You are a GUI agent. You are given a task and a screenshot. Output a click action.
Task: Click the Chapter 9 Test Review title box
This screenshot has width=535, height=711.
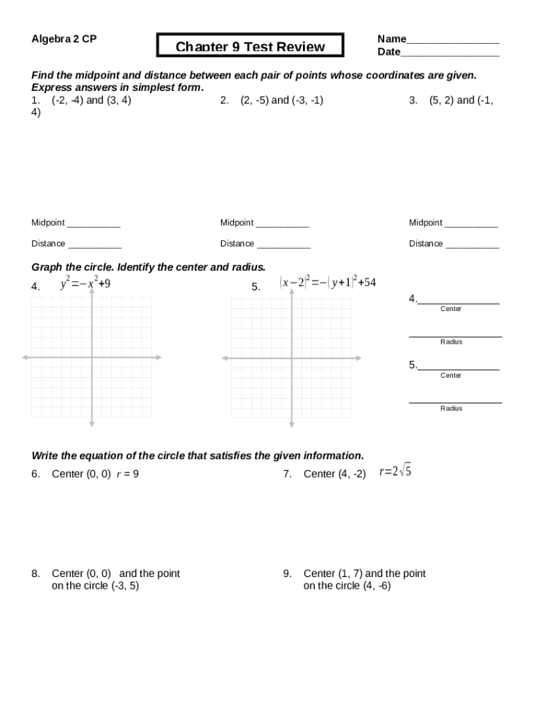click(x=250, y=46)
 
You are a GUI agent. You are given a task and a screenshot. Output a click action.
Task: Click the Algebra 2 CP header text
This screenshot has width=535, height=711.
click(x=64, y=39)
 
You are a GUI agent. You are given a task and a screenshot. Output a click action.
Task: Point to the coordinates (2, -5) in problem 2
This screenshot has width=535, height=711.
click(x=254, y=100)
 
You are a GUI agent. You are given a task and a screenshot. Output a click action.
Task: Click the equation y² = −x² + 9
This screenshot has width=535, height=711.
click(x=85, y=283)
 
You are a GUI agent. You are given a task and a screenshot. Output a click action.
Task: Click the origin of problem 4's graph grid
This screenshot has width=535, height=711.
click(x=92, y=358)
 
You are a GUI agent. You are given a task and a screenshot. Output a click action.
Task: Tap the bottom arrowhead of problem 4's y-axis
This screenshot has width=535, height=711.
click(x=92, y=424)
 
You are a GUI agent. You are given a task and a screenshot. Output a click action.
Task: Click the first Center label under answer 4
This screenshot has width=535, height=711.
click(x=451, y=309)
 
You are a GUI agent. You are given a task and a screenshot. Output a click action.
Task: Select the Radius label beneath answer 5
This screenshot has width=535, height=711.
click(x=451, y=408)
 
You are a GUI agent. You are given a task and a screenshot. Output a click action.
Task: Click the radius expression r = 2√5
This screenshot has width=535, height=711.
click(x=395, y=472)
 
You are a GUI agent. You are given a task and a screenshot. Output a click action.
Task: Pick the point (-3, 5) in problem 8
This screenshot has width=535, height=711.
click(x=125, y=586)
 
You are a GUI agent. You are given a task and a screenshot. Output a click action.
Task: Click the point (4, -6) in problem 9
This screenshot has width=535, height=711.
click(x=377, y=586)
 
